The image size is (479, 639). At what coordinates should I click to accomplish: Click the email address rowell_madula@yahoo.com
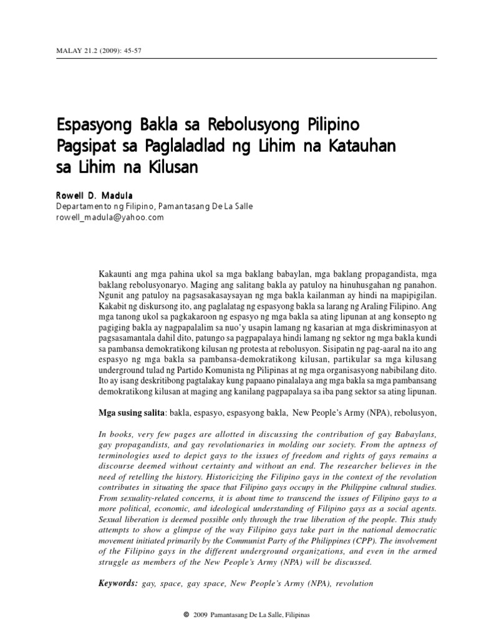click(x=109, y=217)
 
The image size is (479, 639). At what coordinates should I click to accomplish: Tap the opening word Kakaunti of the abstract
click(x=117, y=275)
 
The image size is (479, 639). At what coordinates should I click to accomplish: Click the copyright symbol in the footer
click(x=186, y=615)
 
